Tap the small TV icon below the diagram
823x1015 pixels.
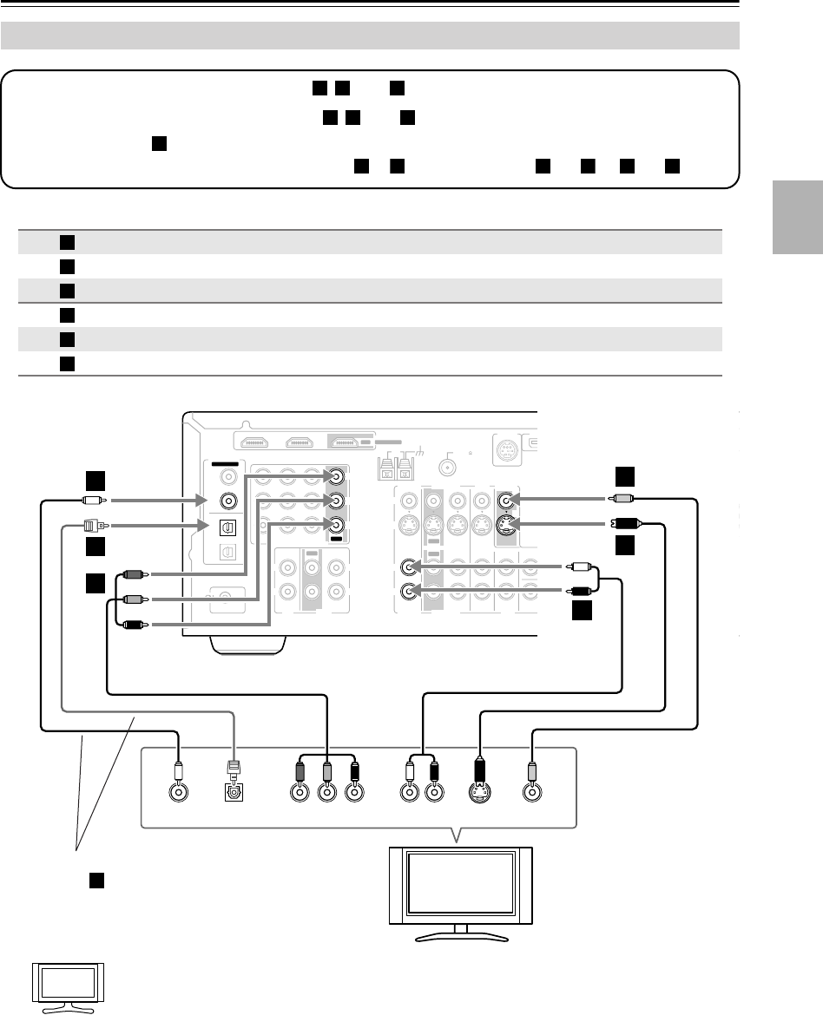[68, 988]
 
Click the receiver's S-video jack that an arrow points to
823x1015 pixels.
[506, 524]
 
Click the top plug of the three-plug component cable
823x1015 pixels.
[133, 573]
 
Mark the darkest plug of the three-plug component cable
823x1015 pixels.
[133, 623]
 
